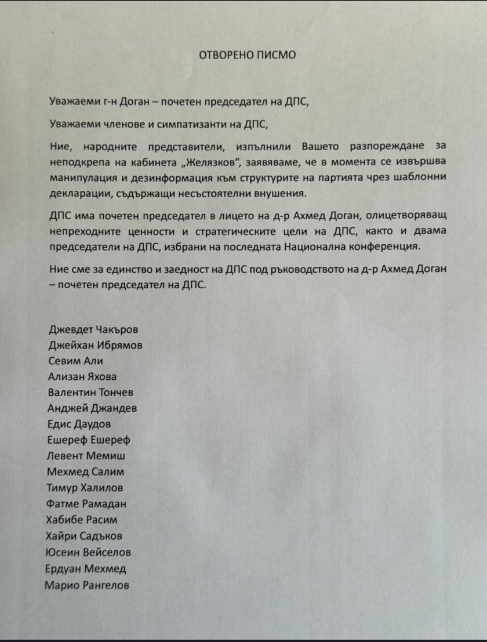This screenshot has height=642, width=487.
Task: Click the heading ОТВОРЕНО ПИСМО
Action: (248, 55)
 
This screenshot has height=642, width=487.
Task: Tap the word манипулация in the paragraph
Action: (79, 176)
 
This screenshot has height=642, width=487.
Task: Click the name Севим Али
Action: (75, 361)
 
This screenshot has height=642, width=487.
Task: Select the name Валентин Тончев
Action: (91, 393)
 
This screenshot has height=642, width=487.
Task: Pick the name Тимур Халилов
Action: (85, 488)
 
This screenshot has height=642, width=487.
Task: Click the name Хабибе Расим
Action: (83, 520)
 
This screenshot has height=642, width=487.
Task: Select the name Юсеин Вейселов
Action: (88, 552)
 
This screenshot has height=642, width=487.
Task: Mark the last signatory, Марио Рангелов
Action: (87, 585)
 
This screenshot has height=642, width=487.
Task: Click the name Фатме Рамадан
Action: (87, 503)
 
